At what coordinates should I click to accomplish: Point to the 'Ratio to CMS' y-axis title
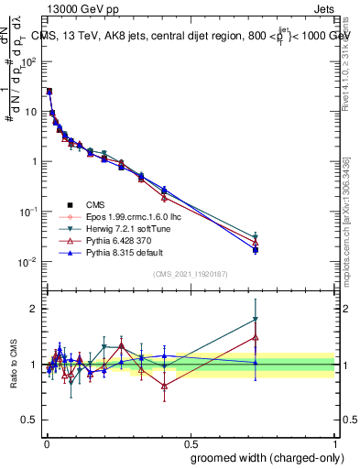(x=15, y=365)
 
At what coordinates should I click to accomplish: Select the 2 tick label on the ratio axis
(x=33, y=309)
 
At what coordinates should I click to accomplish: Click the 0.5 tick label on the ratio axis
(x=29, y=421)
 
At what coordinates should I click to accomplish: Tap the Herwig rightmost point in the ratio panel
(x=256, y=320)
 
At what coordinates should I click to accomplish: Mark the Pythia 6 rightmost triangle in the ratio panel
(x=256, y=337)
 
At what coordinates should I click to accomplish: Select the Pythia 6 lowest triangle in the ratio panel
(x=164, y=386)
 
